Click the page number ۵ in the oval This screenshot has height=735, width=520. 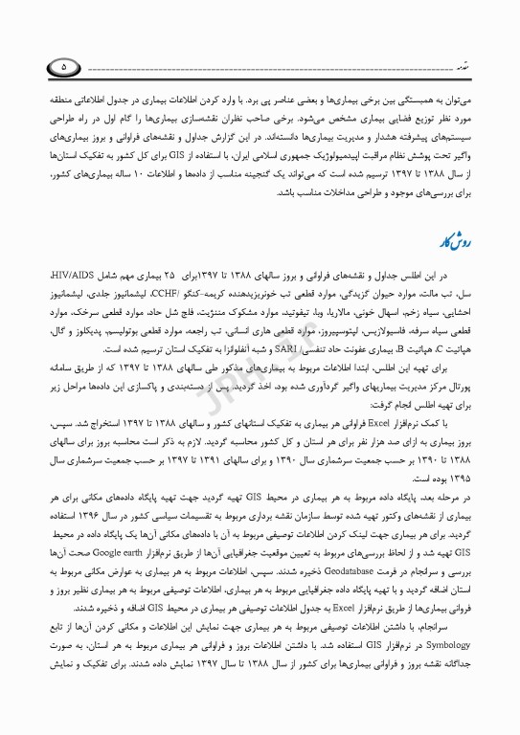pyautogui.click(x=63, y=67)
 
